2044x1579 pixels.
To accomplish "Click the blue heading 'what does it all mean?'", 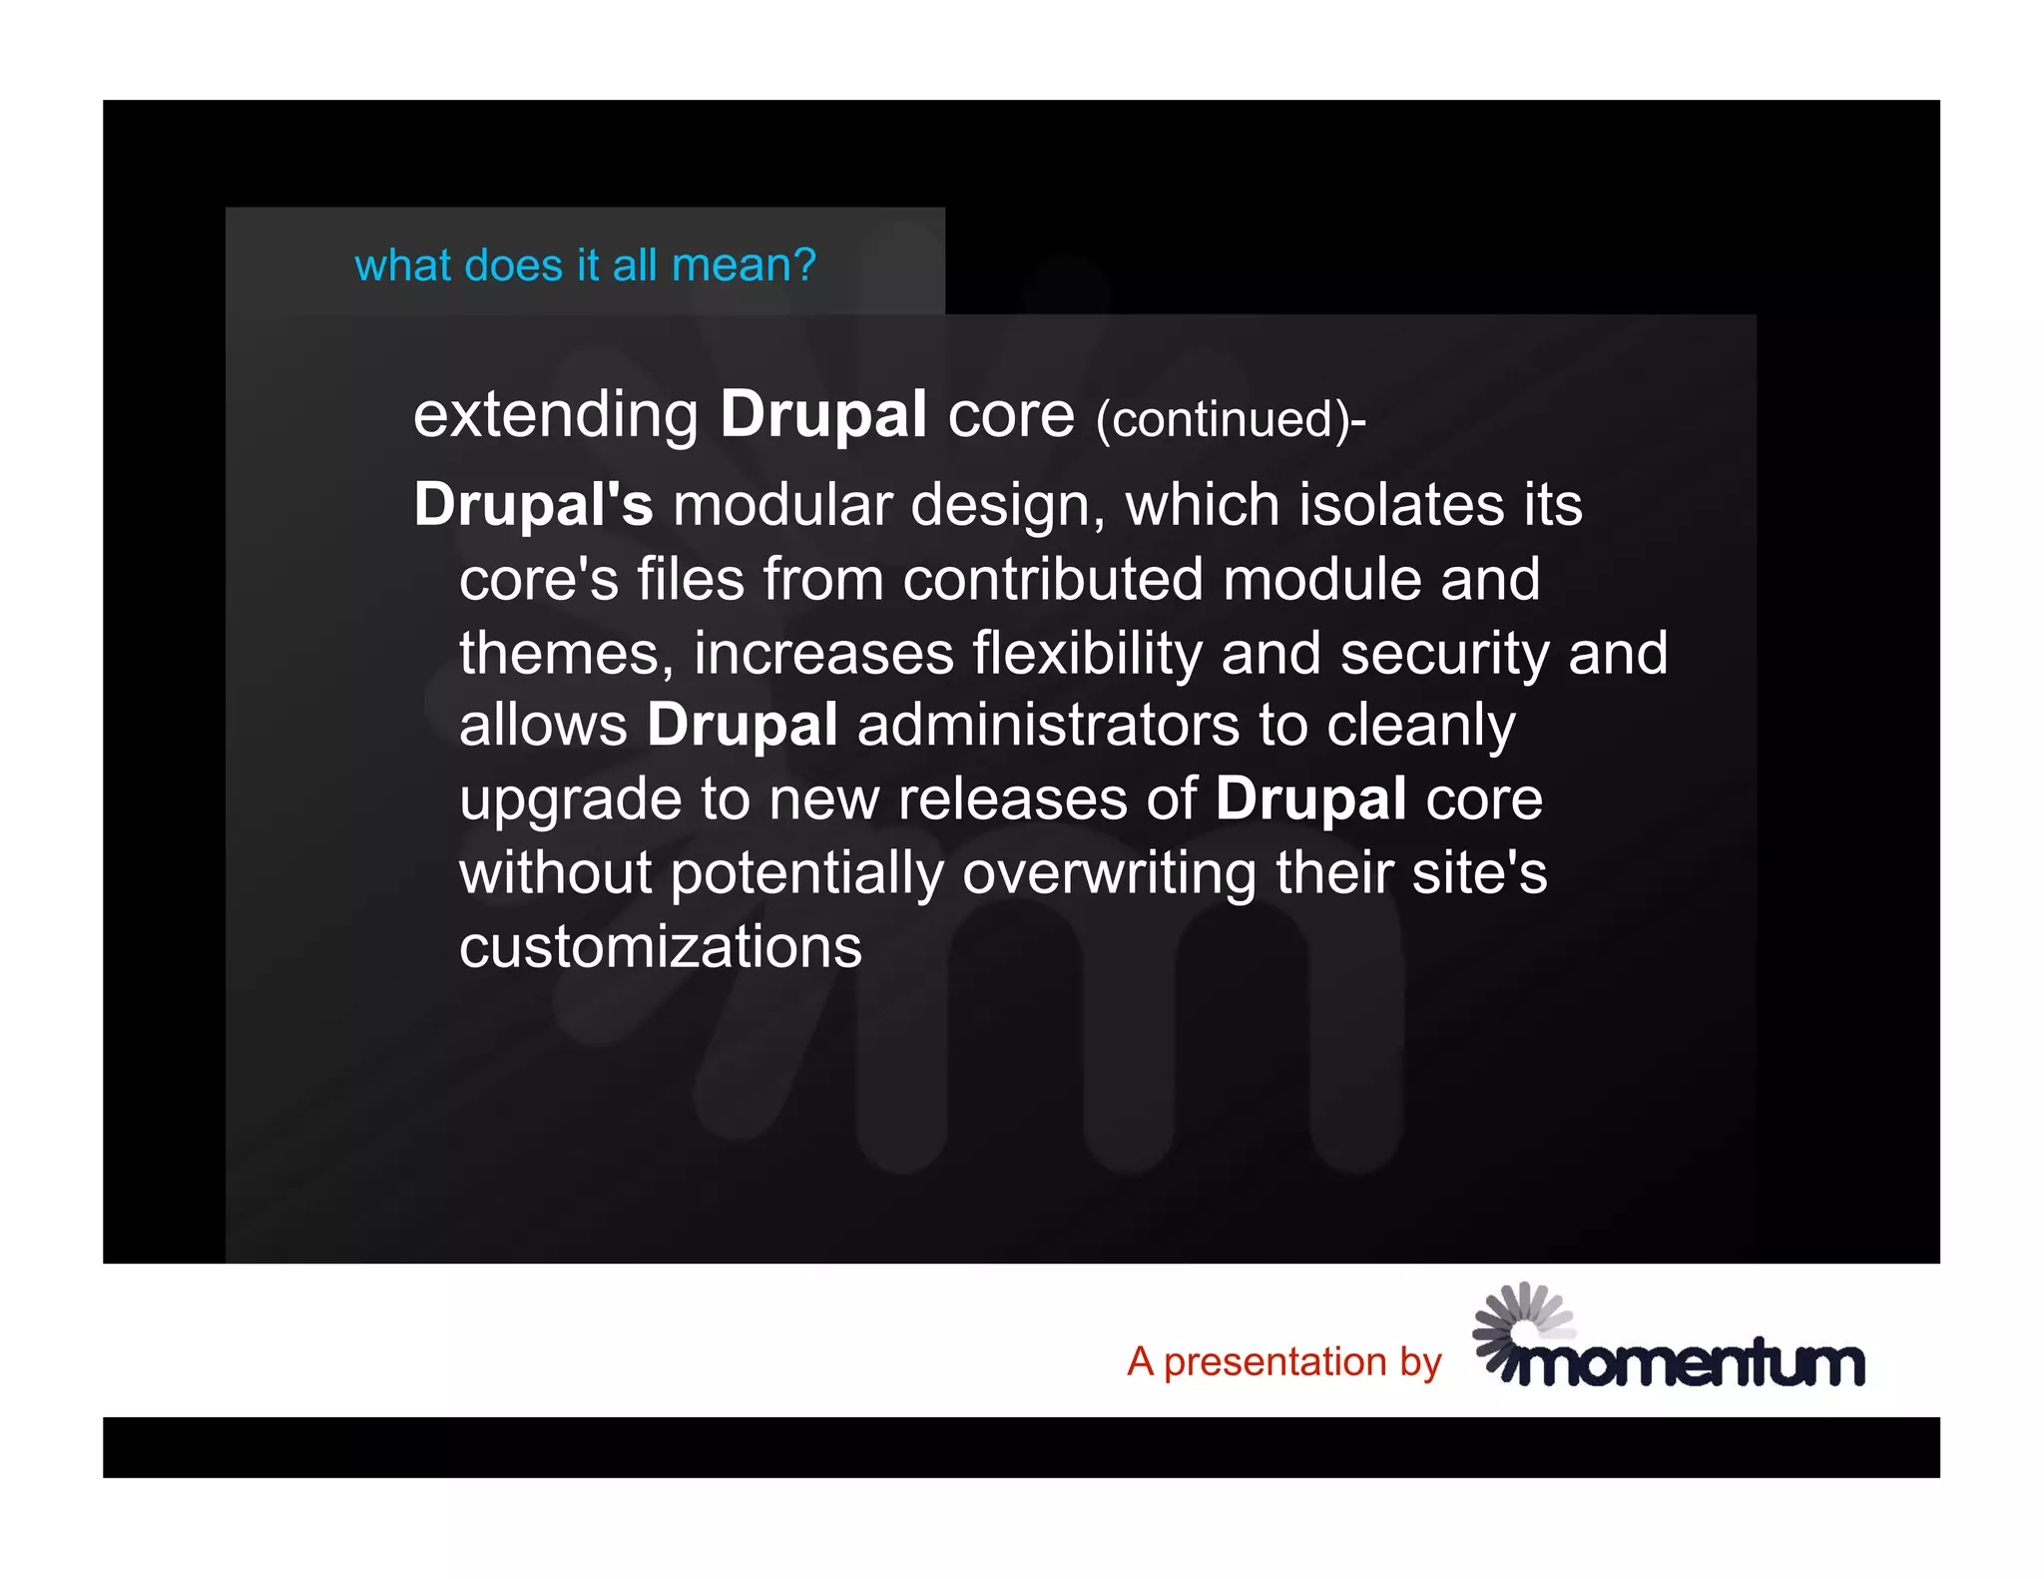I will [x=585, y=265].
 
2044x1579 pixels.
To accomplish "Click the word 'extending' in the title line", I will [x=555, y=414].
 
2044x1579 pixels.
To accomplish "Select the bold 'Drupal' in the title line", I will [x=823, y=414].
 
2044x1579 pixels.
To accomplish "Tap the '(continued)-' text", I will [x=1230, y=419].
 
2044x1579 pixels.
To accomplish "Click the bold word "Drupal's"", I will [x=533, y=504].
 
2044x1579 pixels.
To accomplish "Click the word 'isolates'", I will [x=1400, y=504].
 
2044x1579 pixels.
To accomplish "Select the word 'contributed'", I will [x=1052, y=579].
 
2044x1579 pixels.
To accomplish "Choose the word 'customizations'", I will [x=660, y=946].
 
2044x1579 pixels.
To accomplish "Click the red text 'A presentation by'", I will [x=1283, y=1361].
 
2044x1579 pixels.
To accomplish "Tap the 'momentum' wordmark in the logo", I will [x=1689, y=1363].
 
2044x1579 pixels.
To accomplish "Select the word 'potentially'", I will [x=806, y=872].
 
